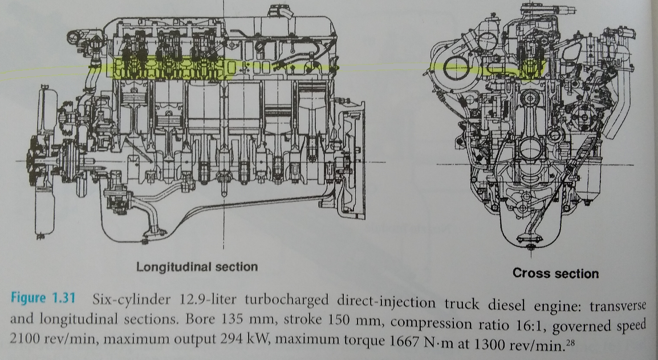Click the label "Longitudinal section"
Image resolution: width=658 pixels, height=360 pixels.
coord(197,266)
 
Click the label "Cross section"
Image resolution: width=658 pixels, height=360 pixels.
coord(555,273)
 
